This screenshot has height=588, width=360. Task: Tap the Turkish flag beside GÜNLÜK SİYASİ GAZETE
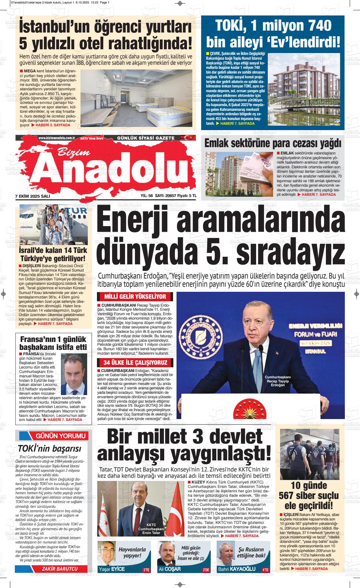[189, 138]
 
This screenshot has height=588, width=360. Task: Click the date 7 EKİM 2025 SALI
[33, 196]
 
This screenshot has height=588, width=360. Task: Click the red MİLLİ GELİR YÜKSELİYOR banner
[135, 297]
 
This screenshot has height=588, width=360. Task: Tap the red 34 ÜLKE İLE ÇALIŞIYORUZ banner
[135, 363]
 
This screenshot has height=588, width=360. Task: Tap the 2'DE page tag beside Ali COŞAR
[206, 570]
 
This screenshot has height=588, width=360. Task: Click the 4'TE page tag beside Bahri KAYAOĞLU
[265, 570]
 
